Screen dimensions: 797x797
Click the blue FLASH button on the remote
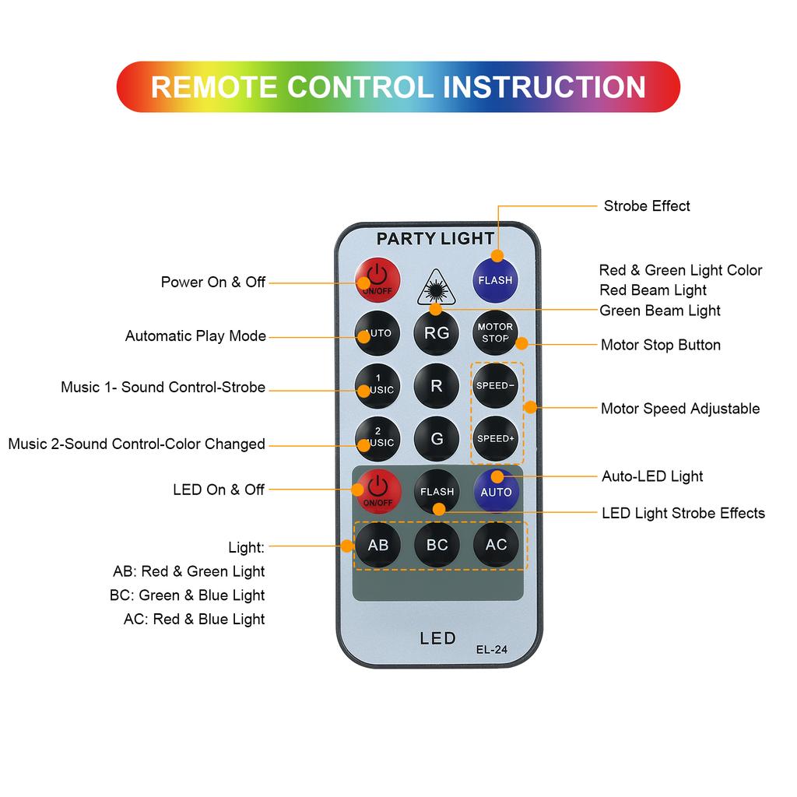(496, 279)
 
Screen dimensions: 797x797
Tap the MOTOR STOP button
(495, 333)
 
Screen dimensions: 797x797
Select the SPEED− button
(496, 385)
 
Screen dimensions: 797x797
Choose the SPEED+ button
(496, 438)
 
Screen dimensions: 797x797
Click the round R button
(437, 385)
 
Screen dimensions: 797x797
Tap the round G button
(437, 438)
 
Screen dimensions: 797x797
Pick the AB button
(378, 545)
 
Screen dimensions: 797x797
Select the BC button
(437, 545)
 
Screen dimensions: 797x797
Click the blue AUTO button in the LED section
(496, 492)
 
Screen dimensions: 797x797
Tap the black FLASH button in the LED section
(437, 492)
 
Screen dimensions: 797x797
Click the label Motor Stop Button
(660, 345)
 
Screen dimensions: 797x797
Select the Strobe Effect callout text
(647, 206)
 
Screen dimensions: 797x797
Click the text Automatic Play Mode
(195, 336)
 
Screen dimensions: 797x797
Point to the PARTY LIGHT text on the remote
(435, 239)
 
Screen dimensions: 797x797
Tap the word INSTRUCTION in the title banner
(544, 86)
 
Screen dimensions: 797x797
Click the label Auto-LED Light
(652, 476)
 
